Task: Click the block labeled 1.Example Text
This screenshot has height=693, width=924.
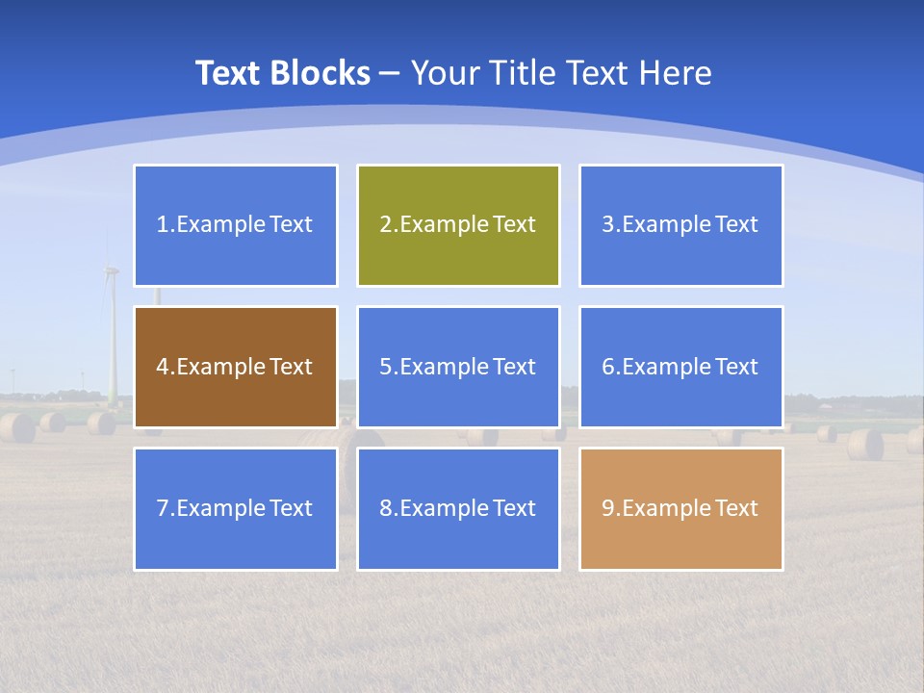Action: [235, 225]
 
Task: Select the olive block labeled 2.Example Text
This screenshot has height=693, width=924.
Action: [458, 225]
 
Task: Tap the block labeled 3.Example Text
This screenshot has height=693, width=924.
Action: [680, 225]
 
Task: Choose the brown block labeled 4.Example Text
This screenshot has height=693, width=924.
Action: [235, 367]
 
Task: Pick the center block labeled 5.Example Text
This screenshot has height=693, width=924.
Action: [458, 367]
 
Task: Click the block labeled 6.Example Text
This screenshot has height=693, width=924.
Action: [680, 367]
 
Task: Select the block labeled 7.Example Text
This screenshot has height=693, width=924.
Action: [235, 508]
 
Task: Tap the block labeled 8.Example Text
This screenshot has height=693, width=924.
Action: [458, 508]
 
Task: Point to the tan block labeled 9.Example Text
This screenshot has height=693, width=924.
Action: [680, 508]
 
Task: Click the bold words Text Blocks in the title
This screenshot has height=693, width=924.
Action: [282, 73]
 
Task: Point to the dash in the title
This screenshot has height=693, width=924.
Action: [390, 74]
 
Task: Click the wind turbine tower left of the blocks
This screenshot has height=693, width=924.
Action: [113, 337]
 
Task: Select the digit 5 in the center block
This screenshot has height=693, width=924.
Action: [385, 367]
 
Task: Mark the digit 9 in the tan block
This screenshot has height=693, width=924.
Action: [608, 508]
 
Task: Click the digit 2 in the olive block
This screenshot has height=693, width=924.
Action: [385, 225]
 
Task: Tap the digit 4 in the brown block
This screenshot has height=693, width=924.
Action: [163, 367]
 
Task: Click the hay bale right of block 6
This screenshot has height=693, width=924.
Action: [864, 444]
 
